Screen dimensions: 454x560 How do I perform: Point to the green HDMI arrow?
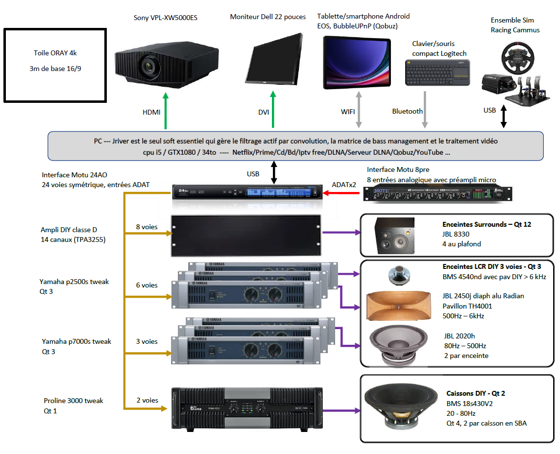[165, 113]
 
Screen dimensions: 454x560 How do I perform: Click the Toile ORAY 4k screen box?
[55, 65]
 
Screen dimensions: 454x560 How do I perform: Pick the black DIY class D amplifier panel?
[245, 235]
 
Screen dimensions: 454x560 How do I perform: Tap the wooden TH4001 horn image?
[399, 306]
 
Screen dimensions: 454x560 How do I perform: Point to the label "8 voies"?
[147, 227]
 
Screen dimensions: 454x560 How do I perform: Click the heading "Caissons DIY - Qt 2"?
[475, 393]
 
